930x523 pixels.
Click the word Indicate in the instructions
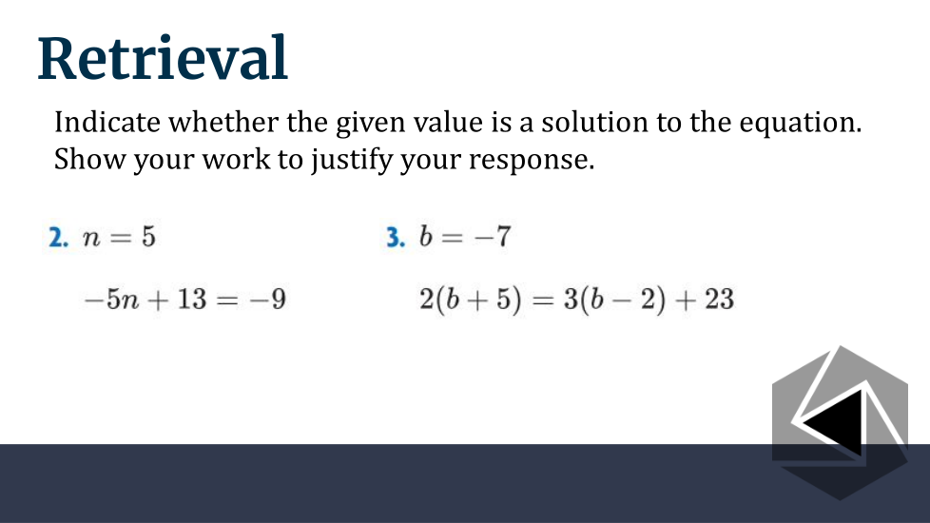coord(107,122)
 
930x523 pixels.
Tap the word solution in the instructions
coord(595,122)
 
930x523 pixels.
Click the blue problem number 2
coord(58,237)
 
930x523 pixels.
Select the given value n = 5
coord(119,237)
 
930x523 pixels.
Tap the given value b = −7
coord(464,236)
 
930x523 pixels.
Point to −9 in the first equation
coord(268,299)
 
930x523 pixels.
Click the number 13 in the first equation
coord(191,299)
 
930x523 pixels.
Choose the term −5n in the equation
coord(112,299)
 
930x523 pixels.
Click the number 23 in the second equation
coord(720,299)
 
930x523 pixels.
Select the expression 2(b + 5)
coord(471,300)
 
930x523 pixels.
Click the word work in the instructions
coord(236,159)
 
